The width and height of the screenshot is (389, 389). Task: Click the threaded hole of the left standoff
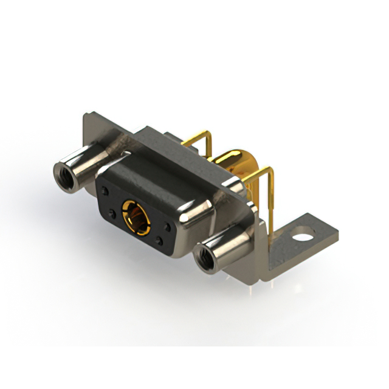click(63, 176)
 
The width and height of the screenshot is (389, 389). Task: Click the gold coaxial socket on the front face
click(133, 212)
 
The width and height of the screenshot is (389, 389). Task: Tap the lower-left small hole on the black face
click(114, 213)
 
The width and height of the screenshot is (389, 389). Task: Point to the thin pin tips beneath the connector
click(255, 281)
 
